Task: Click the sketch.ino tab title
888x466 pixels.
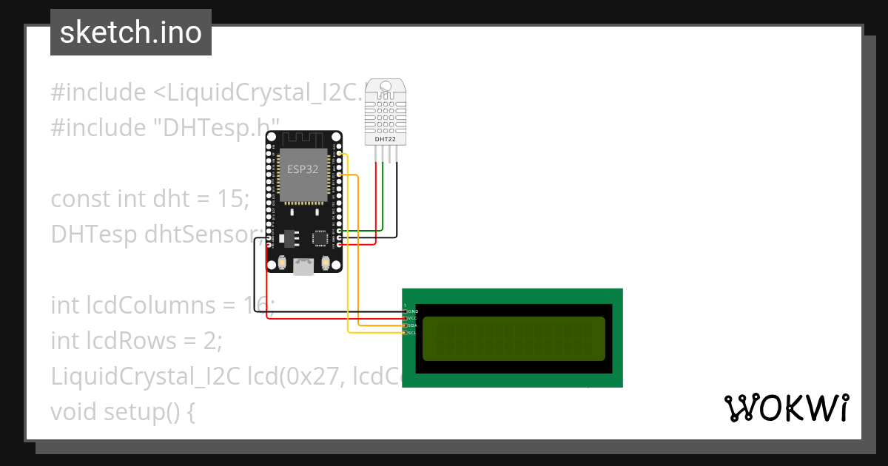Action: (x=131, y=33)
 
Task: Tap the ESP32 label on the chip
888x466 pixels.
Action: (x=303, y=169)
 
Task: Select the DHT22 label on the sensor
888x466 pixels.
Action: (x=386, y=138)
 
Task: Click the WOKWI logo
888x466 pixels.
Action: (x=786, y=408)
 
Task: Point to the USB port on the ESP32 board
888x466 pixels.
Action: (x=303, y=266)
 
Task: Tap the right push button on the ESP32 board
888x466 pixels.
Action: (x=325, y=263)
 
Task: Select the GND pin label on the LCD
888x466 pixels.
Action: (x=413, y=311)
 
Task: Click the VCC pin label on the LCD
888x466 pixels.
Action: (x=412, y=319)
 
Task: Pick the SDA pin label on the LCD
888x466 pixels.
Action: (x=412, y=325)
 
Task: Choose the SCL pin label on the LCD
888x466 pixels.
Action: (x=412, y=333)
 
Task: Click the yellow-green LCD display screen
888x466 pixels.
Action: (x=514, y=339)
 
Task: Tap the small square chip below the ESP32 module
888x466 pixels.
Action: (x=320, y=238)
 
